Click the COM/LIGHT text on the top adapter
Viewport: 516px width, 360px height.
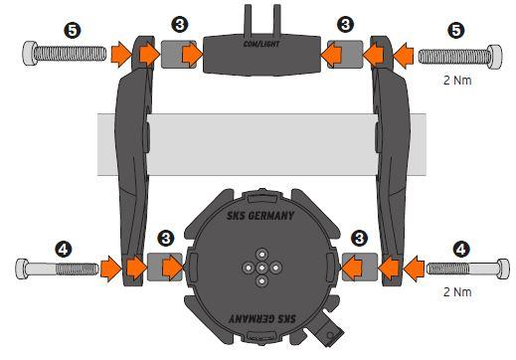261,44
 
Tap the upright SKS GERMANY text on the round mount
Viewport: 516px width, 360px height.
260,216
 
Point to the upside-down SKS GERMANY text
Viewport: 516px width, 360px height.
262,319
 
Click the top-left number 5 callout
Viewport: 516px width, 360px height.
73,30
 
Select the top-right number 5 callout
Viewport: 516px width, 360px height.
456,30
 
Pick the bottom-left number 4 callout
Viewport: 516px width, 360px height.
64,249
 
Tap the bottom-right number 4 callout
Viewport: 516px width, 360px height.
461,249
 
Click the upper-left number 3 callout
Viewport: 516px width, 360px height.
180,25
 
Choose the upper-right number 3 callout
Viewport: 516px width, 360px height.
345,25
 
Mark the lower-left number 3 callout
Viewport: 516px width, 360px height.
166,238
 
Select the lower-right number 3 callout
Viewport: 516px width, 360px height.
359,238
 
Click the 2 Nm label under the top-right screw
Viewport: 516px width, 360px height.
457,80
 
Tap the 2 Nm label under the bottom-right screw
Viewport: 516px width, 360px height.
457,292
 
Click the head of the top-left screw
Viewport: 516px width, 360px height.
30,54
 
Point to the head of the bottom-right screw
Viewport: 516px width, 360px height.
503,269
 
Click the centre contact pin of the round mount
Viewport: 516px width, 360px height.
261,268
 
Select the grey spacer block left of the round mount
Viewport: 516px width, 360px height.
165,268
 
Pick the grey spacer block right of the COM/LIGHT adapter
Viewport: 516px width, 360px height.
345,55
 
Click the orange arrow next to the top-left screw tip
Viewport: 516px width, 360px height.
120,55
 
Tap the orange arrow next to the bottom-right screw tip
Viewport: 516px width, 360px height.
414,269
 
